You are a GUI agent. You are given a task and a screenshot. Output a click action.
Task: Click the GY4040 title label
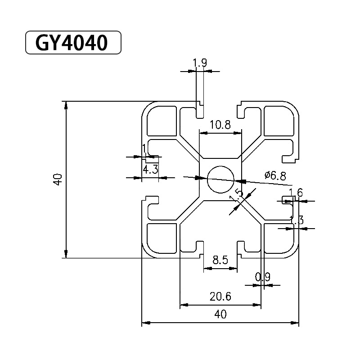[72, 43]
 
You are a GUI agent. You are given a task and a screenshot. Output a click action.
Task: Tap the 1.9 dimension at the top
[200, 63]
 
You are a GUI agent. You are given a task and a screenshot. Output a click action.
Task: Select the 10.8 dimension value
[220, 125]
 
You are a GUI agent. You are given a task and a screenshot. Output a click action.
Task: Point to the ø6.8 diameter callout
[275, 175]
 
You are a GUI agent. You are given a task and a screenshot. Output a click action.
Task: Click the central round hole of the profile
[220, 179]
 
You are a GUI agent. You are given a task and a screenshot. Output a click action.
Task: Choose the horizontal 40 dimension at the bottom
[220, 315]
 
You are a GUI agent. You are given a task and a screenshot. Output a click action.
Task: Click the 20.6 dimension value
[220, 297]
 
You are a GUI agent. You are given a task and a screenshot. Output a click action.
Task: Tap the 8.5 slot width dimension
[220, 260]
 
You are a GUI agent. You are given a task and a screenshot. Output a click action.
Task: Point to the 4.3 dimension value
[150, 170]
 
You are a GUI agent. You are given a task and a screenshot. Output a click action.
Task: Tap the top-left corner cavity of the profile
[161, 121]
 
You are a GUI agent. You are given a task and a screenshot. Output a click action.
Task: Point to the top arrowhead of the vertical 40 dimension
[66, 105]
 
